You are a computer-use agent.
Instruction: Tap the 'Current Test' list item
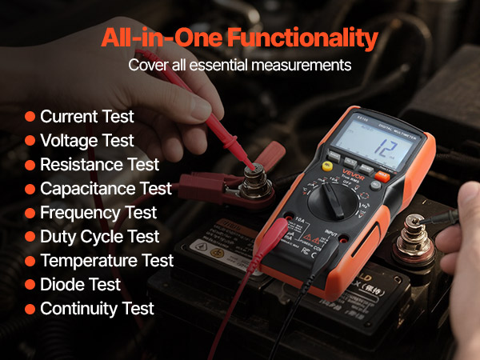(x=86, y=116)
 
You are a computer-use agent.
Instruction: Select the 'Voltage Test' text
(x=86, y=140)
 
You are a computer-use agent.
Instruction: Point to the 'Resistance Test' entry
(x=99, y=164)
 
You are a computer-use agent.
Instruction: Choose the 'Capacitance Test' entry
(x=106, y=188)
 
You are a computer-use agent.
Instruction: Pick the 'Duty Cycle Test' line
(x=99, y=236)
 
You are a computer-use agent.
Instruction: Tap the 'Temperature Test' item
(x=106, y=260)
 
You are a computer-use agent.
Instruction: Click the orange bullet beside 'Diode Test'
(x=30, y=285)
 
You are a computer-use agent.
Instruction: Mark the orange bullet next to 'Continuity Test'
(x=30, y=309)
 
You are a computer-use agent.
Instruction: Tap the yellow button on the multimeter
(x=327, y=166)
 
